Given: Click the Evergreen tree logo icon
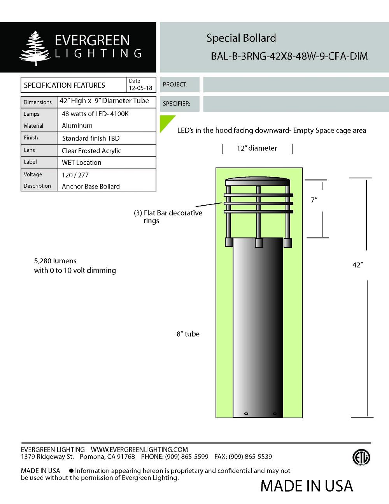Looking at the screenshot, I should click(35, 48).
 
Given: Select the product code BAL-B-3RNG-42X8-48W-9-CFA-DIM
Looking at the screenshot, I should click(289, 56).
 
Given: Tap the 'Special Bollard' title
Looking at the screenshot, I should click(241, 38).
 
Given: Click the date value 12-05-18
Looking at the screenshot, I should click(140, 88).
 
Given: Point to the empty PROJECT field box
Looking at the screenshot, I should click(296, 85).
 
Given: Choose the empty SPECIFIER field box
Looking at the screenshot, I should click(296, 104).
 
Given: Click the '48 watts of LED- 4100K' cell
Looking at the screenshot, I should click(95, 114).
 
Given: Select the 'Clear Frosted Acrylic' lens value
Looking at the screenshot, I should click(91, 151).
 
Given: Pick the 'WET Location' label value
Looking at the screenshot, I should click(81, 162).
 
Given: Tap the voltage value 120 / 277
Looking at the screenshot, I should click(75, 175).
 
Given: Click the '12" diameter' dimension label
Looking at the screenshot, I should click(257, 148).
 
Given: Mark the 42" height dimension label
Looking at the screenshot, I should click(357, 265).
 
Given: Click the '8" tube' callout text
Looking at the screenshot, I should click(188, 334).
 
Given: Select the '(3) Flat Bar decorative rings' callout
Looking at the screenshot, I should click(168, 217).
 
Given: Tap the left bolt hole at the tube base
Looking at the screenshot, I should click(245, 413).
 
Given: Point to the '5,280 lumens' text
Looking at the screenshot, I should click(55, 261).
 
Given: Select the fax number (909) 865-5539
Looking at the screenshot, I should click(250, 456).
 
